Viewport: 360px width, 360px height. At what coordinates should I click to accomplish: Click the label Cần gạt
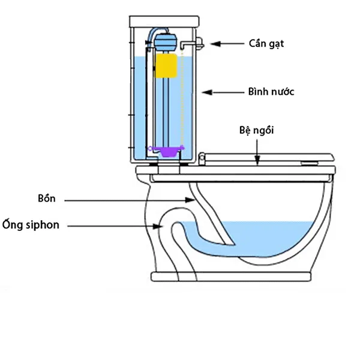[x=265, y=44]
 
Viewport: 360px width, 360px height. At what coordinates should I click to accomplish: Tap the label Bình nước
[x=271, y=92]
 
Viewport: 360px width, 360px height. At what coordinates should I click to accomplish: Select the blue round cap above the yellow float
[x=166, y=41]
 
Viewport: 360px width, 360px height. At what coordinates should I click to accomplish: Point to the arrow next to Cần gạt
[x=226, y=44]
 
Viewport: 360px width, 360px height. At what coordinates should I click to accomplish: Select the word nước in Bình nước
[x=282, y=92]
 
